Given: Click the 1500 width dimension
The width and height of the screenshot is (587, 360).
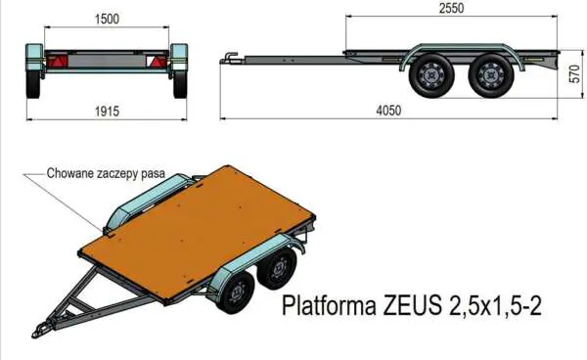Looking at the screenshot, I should (108, 20).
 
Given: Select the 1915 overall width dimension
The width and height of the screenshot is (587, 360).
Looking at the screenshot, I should (108, 111).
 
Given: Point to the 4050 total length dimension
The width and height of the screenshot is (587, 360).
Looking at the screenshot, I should (388, 111).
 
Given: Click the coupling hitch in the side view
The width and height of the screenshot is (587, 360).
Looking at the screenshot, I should (229, 57).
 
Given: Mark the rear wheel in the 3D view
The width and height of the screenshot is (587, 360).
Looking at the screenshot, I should (280, 266).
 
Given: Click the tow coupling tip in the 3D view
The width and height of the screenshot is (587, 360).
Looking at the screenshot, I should (41, 327).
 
